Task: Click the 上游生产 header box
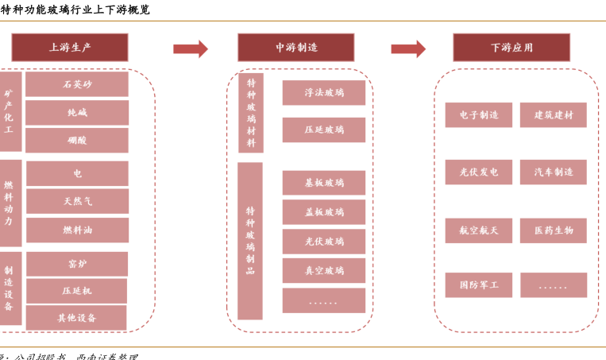tap(70, 48)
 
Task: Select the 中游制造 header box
tap(296, 48)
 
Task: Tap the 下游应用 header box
tap(511, 48)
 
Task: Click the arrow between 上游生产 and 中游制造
tap(191, 49)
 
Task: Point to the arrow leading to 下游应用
tap(408, 49)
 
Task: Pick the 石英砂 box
tap(77, 84)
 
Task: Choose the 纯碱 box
tap(77, 112)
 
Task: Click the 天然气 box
tap(77, 201)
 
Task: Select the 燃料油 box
tap(77, 230)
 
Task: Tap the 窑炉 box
tap(77, 264)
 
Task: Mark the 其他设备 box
tap(76, 317)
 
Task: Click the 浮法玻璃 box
tap(324, 93)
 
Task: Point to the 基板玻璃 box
tap(324, 183)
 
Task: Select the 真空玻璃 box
tap(324, 271)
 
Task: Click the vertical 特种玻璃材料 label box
tap(251, 113)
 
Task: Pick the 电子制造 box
tap(479, 115)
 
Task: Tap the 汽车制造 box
tap(554, 172)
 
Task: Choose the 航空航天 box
tap(479, 230)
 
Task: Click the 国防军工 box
tap(479, 285)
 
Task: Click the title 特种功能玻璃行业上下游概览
tap(75, 10)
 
